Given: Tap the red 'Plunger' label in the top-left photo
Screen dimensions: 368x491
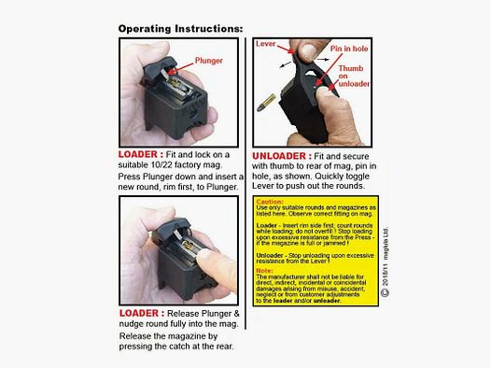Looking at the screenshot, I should pyautogui.click(x=208, y=62).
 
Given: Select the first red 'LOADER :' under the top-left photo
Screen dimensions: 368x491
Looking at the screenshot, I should pyautogui.click(x=142, y=154).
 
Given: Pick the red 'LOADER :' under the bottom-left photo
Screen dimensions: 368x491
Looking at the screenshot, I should pyautogui.click(x=142, y=313).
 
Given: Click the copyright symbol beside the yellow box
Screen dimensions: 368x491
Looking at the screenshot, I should pyautogui.click(x=385, y=293).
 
